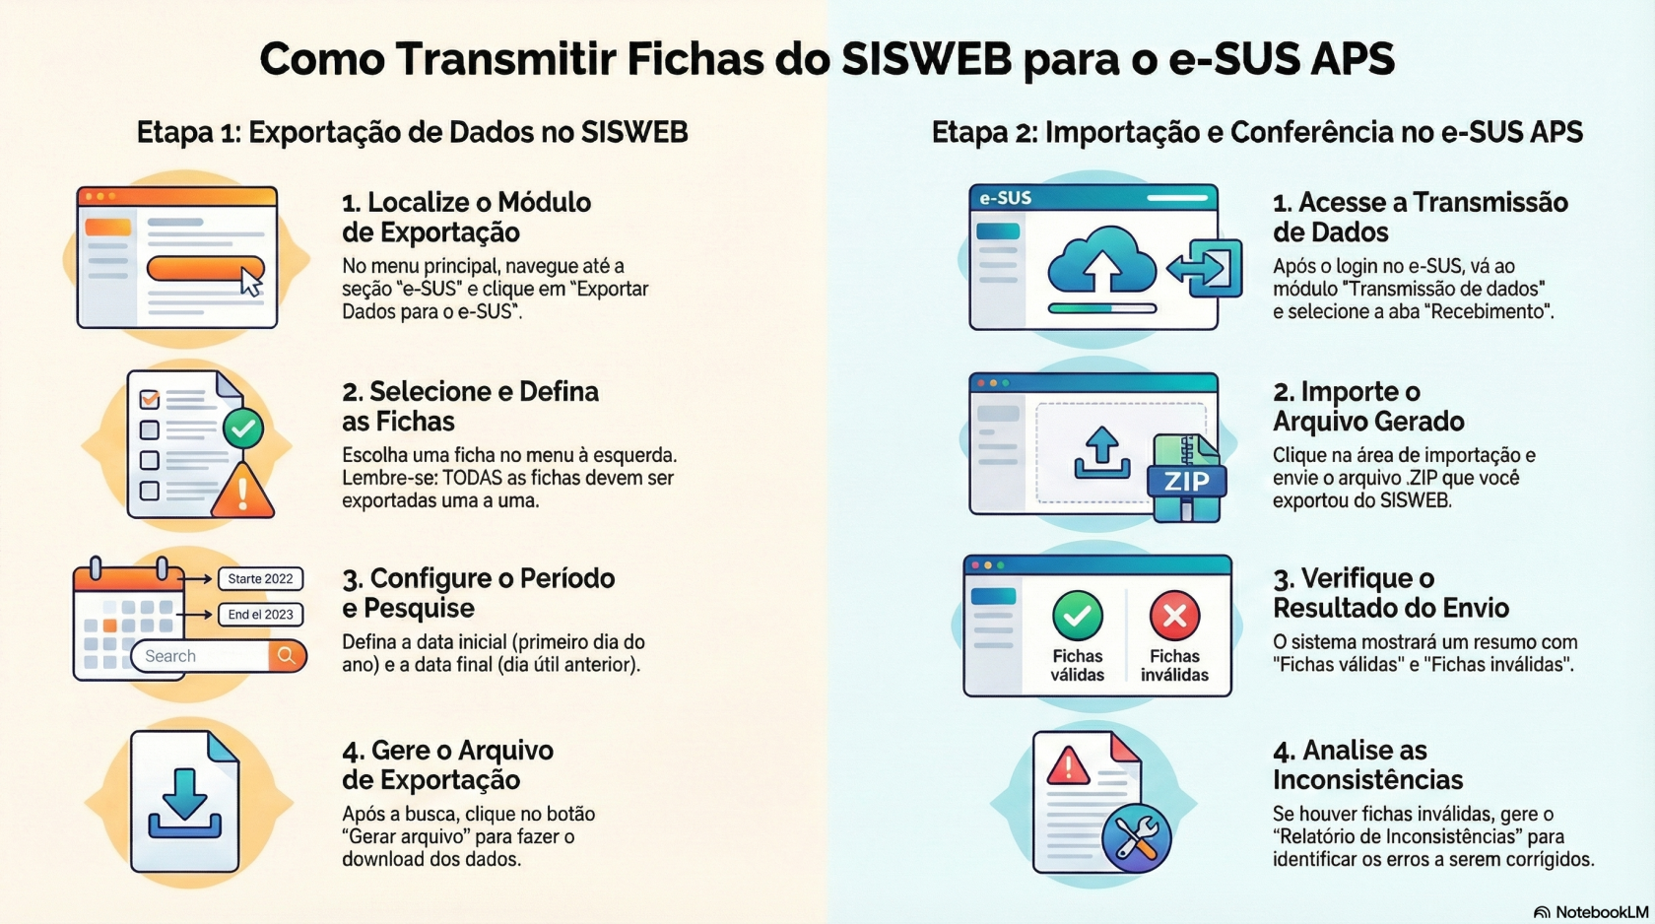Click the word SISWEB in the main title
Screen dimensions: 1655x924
point(926,58)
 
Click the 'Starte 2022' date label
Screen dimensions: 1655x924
point(260,578)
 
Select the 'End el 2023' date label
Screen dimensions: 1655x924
point(260,614)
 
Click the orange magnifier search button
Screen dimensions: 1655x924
point(287,655)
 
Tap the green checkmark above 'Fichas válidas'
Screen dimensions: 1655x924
point(1078,616)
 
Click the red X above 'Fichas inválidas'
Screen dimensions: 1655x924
point(1174,616)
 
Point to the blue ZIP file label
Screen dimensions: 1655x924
point(1186,481)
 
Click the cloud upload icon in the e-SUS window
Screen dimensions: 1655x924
point(1101,261)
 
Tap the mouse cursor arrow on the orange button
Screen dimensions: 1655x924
point(250,282)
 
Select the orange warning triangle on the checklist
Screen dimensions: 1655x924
point(242,490)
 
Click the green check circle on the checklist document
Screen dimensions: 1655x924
point(243,429)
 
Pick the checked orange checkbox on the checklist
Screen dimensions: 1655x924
point(150,399)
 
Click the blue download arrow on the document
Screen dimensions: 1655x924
point(185,803)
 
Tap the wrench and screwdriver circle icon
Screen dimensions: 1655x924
point(1137,838)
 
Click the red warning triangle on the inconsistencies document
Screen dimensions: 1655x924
point(1068,766)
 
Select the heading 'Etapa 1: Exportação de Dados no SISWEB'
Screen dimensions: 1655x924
point(412,133)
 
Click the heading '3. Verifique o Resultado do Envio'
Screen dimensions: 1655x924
point(1391,592)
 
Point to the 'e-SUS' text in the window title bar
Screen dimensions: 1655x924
point(1005,198)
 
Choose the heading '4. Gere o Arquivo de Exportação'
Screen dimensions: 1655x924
point(447,764)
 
